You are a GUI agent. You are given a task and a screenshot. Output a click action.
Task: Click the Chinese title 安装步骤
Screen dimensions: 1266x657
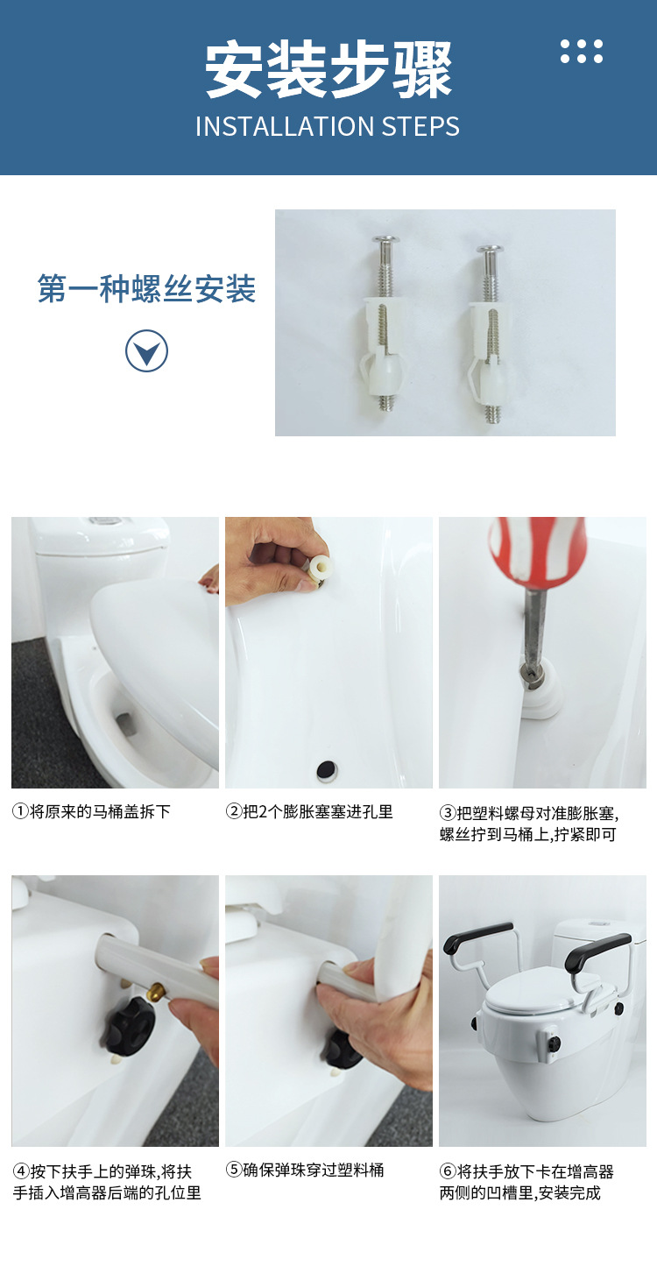coord(328,70)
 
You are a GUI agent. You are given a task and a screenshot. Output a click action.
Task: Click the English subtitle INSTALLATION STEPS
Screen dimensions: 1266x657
coord(328,126)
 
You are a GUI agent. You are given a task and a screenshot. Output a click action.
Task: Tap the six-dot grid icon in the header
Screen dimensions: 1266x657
coord(582,51)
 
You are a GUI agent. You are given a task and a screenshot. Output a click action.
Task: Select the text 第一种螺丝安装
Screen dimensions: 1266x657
coord(146,288)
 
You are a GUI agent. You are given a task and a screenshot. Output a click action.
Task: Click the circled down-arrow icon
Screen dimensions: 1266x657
coord(146,351)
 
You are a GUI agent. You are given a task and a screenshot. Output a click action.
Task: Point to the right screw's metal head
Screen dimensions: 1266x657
coord(490,251)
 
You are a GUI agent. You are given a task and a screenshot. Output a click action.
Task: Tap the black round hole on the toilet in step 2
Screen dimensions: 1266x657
coord(327,770)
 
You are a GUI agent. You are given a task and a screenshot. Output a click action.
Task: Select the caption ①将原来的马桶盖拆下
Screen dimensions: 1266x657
coord(91,812)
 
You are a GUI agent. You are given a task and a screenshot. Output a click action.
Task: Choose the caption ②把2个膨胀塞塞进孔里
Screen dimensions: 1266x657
coord(309,812)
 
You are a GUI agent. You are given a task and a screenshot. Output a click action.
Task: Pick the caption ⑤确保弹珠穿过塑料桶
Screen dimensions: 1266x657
coord(305,1170)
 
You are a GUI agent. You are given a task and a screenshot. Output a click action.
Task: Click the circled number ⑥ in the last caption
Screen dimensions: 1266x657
coord(448,1171)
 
